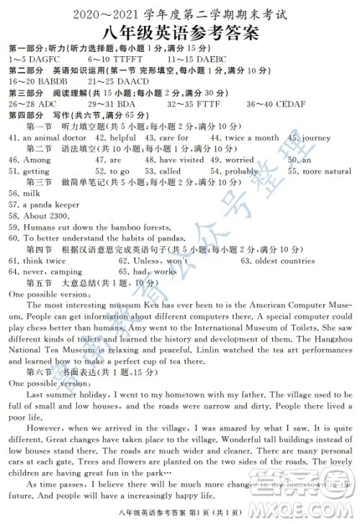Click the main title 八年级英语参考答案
tap(180, 30)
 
